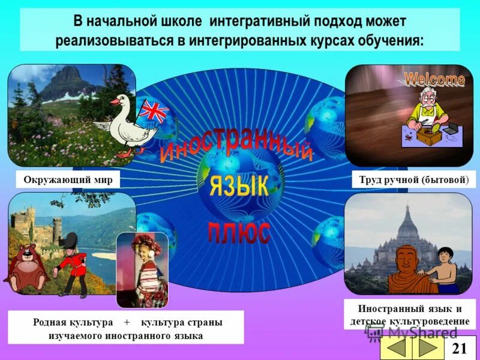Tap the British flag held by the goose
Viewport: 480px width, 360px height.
(154, 112)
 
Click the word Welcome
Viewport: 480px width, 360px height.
(434, 79)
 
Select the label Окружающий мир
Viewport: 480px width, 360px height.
(68, 179)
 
